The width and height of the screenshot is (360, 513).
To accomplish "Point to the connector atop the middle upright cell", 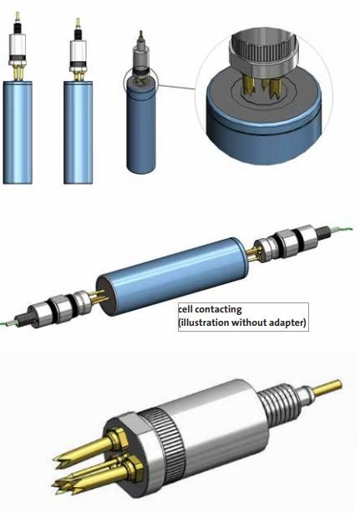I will pyautogui.click(x=79, y=50).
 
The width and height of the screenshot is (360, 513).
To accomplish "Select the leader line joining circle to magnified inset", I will pyautogui.click(x=177, y=83).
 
